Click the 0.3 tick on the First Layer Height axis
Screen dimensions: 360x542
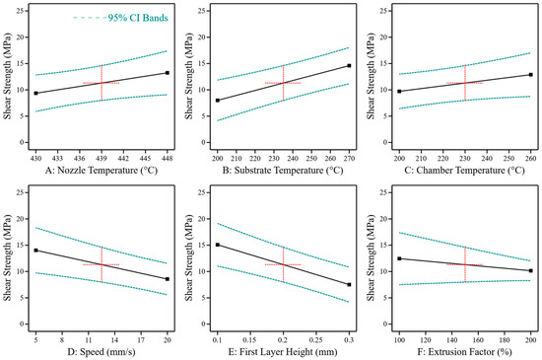click(x=349, y=338)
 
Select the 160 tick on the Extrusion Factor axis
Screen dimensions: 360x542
click(x=478, y=338)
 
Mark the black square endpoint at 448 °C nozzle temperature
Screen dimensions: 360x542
click(x=168, y=73)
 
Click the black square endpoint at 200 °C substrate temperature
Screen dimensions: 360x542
click(x=218, y=101)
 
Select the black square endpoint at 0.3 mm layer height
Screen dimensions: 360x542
click(x=349, y=285)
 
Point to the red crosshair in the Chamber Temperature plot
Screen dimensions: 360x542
click(x=464, y=83)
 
